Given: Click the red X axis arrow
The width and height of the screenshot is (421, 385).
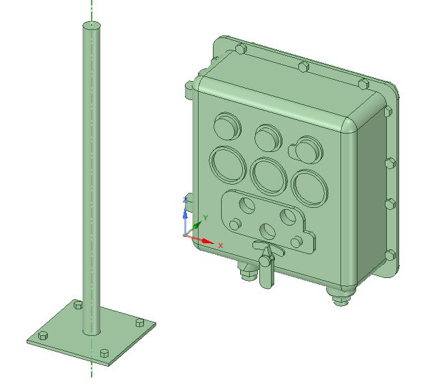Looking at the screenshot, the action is (200, 239).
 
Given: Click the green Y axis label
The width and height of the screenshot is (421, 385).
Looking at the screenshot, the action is (205, 217).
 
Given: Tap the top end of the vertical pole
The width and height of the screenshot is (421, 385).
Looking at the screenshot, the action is (91, 26).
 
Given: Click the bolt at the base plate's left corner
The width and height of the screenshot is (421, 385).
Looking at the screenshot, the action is (43, 336).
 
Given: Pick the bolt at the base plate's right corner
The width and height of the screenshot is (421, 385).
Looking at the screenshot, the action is (140, 322).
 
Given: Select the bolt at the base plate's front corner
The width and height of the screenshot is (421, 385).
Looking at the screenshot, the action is (104, 354).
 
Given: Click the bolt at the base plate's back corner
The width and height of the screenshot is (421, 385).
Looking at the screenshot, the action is (78, 305).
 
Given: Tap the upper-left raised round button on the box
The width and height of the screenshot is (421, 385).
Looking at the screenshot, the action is (227, 126).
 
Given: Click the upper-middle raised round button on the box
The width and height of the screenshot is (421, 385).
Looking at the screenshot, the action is (268, 138).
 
